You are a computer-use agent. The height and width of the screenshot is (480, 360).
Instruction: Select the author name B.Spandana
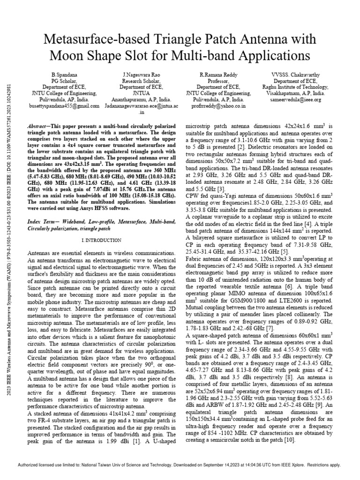pos(63,75)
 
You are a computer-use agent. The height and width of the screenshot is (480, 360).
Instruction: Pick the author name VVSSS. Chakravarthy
pos(296,75)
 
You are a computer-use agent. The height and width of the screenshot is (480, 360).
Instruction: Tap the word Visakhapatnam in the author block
pos(287,93)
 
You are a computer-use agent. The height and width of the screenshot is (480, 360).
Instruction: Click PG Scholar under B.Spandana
pos(63,81)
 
